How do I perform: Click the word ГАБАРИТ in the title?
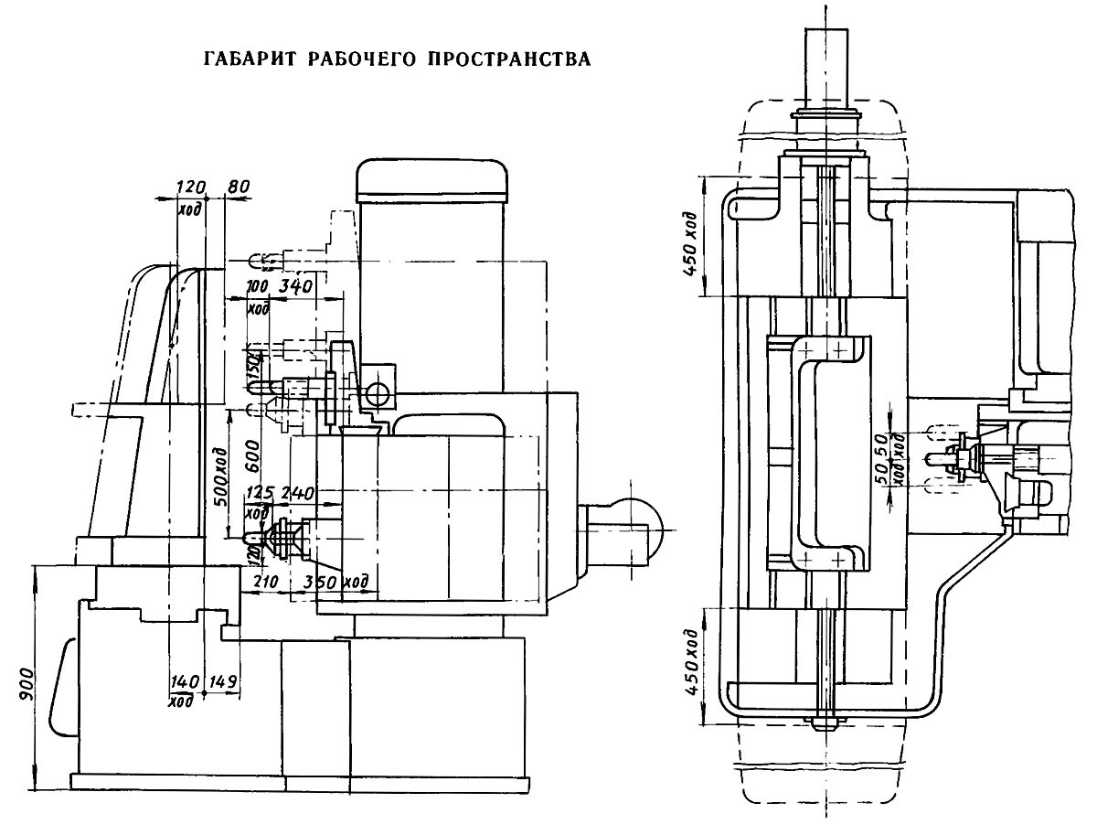coord(240,60)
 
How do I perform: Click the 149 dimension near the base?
coord(223,681)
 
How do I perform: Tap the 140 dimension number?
coord(185,681)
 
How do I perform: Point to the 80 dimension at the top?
coord(238,187)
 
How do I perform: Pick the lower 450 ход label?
coord(692,663)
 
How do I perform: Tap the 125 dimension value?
coord(260,494)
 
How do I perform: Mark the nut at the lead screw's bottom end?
coord(825,722)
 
